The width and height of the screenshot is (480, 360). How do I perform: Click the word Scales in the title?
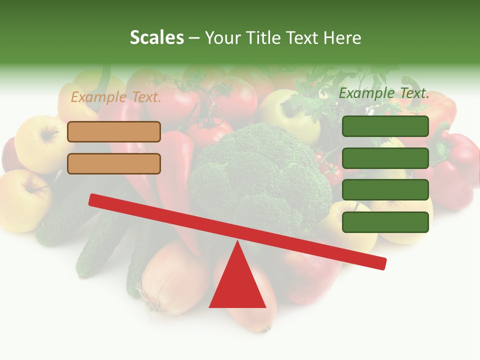click(156, 37)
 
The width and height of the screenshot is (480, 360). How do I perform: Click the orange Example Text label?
click(116, 97)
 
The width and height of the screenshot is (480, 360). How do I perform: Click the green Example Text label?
click(384, 93)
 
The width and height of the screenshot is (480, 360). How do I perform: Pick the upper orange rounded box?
click(114, 131)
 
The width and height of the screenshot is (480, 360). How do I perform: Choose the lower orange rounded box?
click(114, 163)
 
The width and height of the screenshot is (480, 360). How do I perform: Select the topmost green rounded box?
click(385, 126)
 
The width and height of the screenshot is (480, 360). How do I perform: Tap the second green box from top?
click(385, 158)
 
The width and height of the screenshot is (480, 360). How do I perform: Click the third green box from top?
click(385, 190)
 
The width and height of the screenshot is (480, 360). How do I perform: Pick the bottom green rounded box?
click(385, 222)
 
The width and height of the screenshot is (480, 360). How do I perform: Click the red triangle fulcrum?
click(237, 285)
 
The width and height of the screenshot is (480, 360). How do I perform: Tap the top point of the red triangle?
click(237, 242)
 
